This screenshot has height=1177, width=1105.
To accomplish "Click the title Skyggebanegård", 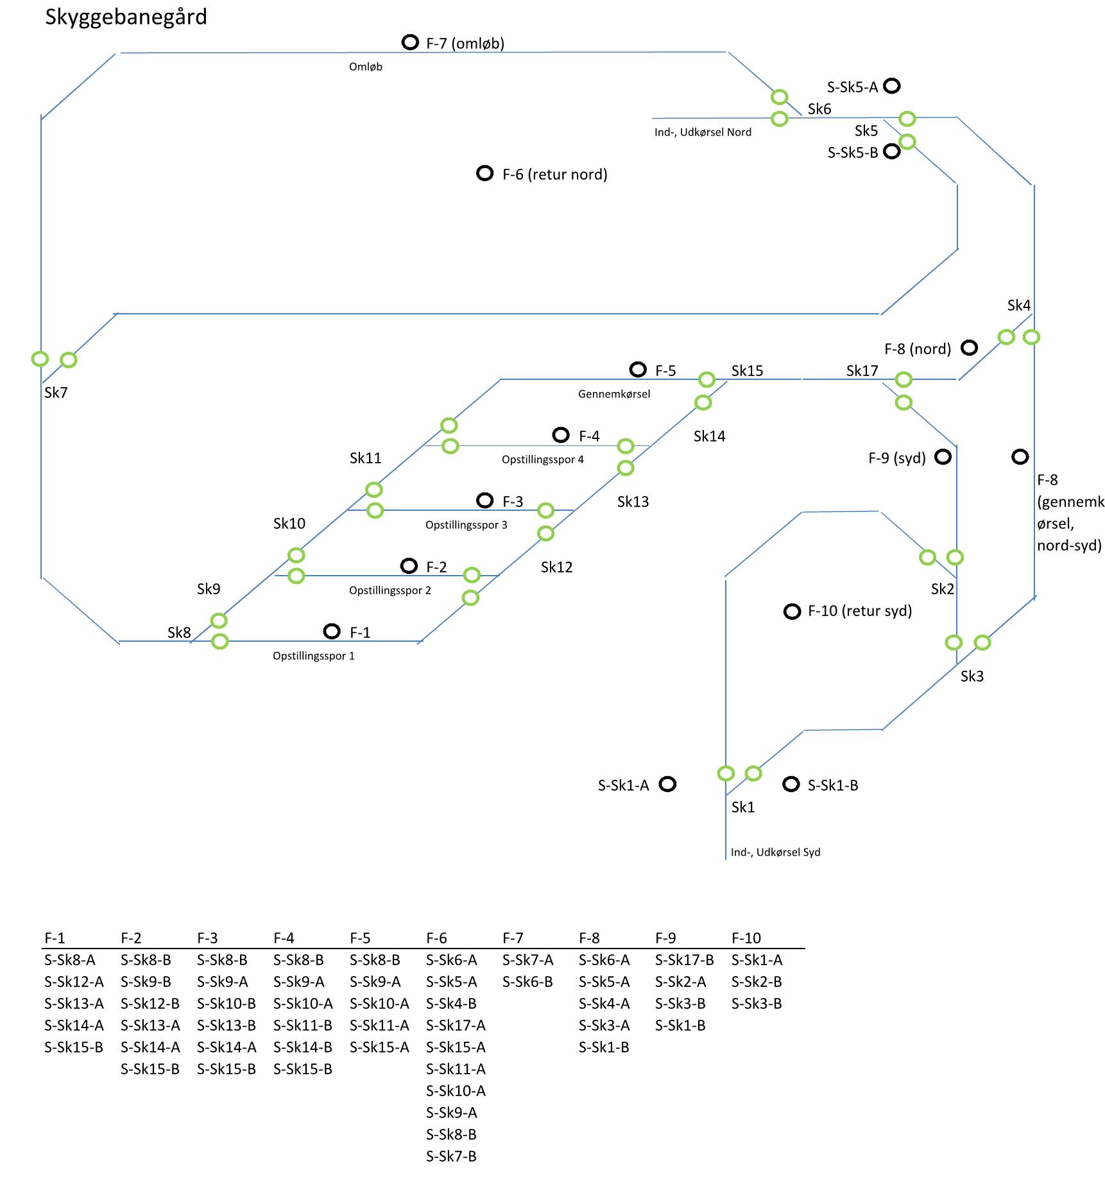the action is pos(126,18).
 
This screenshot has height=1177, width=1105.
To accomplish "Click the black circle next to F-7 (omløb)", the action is pos(410,42).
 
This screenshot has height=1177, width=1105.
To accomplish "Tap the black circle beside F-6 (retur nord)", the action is pos(485,173).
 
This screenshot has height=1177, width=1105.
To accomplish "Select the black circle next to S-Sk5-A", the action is pos(892,85).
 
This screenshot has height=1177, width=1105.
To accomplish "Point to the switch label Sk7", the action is pos(56,393).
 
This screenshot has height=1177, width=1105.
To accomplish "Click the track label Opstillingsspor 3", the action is pos(467,525).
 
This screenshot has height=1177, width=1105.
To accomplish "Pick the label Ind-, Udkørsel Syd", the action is pos(776,852).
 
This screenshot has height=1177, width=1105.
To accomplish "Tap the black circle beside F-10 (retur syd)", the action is pos(792,612).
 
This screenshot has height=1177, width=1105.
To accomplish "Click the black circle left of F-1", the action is pos(332,631).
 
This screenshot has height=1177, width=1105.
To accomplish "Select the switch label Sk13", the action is pos(633,502).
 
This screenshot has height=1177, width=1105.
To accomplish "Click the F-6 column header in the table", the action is pos(436,938).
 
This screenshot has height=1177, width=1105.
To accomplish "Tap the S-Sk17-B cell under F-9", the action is pos(685,960).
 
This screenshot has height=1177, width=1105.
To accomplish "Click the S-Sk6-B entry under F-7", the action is pos(528,982).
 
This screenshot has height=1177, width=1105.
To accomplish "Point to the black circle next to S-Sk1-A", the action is pos(668,784).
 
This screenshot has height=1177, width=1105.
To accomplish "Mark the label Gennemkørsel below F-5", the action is pos(614,394).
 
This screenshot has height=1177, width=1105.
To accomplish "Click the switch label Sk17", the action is pos(862,371).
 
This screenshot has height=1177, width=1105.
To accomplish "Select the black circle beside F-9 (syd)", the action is pos(943,457).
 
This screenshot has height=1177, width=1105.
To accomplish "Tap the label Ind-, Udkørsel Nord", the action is pos(703,132).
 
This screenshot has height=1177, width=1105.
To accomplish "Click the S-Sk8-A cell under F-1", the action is pos(70,960).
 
